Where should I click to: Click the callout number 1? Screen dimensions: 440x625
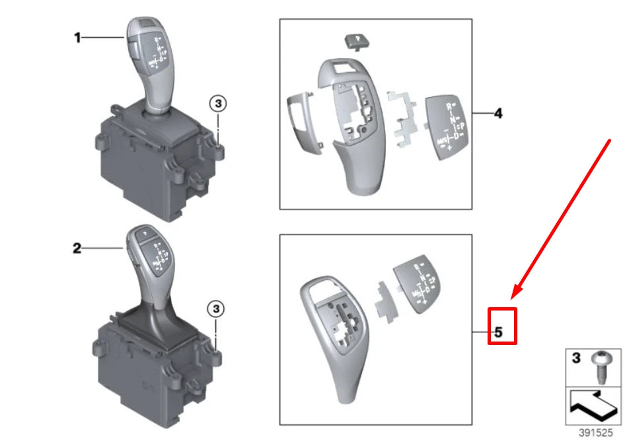tap(77, 38)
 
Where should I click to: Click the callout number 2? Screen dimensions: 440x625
tap(77, 248)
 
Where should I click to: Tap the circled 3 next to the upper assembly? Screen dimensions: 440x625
tap(219, 103)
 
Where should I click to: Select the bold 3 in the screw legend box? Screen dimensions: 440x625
tap(576, 359)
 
